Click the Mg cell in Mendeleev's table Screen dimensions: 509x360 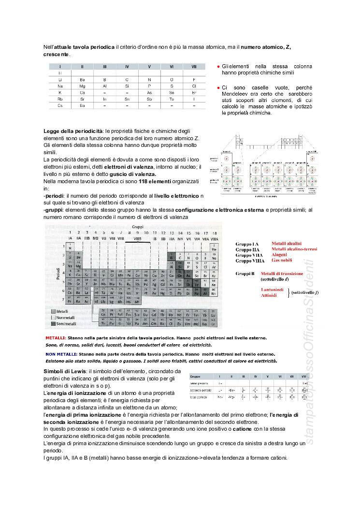coord(82,86)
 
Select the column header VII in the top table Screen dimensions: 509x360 coord(194,66)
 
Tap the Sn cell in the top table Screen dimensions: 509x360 coord(127,99)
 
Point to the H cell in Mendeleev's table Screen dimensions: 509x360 coord(60,73)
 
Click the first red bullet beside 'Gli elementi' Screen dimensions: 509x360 coord(218,66)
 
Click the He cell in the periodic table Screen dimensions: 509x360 coord(214,249)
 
